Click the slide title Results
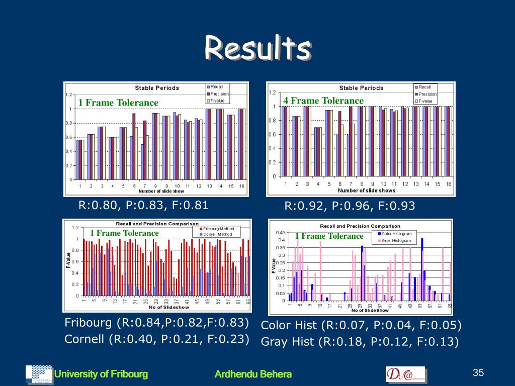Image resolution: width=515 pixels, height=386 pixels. [x=257, y=49]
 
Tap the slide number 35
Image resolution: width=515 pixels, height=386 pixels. [x=478, y=372]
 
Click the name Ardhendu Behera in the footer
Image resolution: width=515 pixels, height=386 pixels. [x=253, y=374]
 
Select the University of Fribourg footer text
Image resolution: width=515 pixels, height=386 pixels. [x=101, y=374]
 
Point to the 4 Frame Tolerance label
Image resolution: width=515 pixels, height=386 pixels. [x=323, y=101]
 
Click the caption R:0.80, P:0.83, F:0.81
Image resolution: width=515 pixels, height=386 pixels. [x=143, y=205]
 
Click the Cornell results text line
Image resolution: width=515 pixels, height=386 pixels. [x=157, y=339]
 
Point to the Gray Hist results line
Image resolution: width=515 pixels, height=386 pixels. [x=360, y=342]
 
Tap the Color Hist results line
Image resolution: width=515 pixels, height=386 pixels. [x=361, y=326]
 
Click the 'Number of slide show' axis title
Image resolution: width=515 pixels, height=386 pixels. [x=161, y=191]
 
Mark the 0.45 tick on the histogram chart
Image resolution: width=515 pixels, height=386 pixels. [x=281, y=233]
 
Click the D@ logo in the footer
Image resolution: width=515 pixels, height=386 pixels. [x=405, y=374]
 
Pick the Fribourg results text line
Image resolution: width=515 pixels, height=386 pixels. [x=157, y=322]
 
